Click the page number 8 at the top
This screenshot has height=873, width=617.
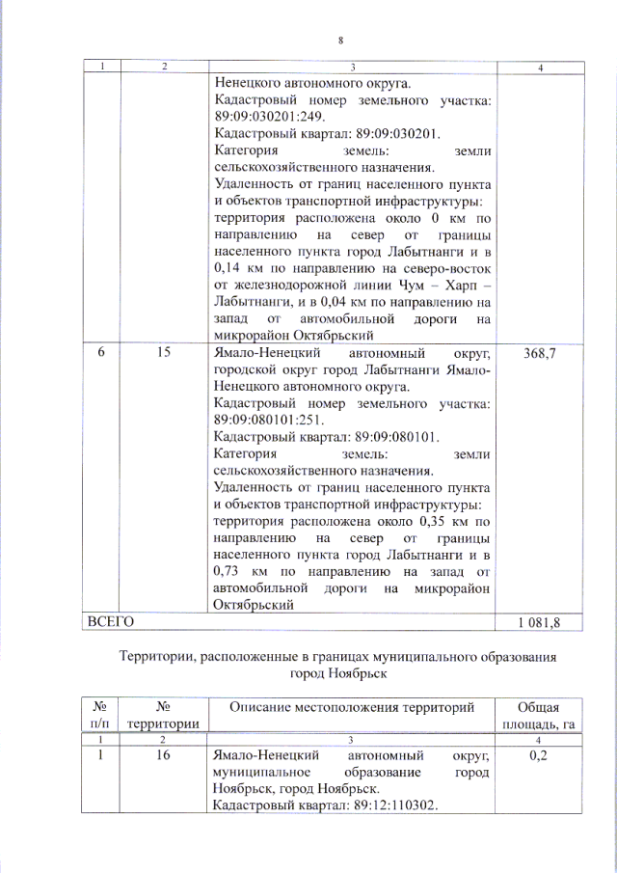(x=340, y=41)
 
